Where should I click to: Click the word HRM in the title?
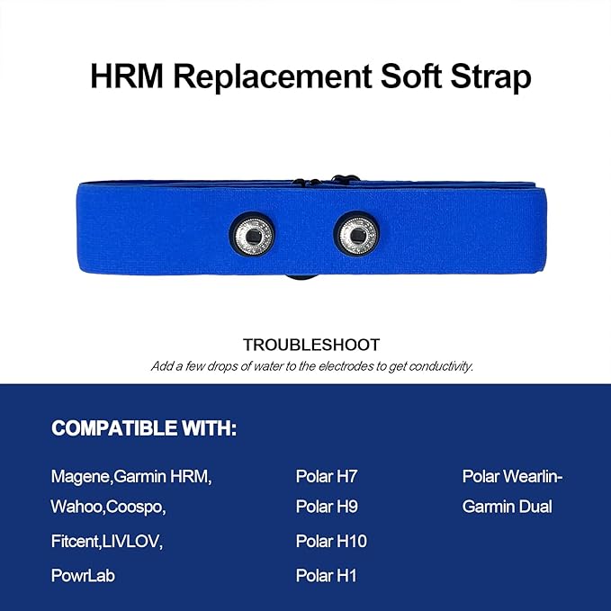[128, 76]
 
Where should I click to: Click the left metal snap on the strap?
[256, 235]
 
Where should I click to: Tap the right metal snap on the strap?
[357, 235]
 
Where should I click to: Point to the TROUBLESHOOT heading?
[311, 345]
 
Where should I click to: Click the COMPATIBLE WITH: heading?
[144, 428]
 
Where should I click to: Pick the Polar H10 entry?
[331, 541]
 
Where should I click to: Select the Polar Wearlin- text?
[517, 476]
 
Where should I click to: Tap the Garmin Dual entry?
[507, 507]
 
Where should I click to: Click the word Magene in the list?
[77, 476]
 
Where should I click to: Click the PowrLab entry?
[83, 575]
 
